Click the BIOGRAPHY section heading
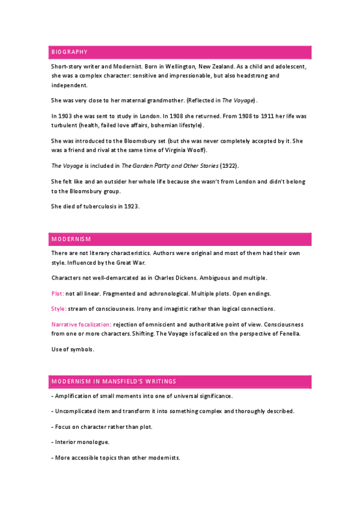point(70,52)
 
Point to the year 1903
point(67,115)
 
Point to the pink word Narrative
point(66,324)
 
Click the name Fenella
point(288,334)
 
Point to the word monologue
point(94,442)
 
